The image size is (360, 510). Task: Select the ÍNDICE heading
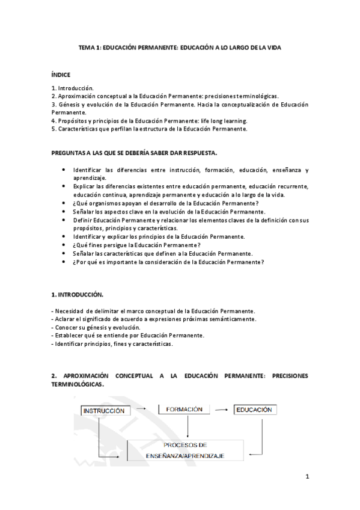(61, 75)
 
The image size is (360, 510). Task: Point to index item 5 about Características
(149, 128)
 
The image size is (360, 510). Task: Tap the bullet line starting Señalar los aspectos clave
(169, 211)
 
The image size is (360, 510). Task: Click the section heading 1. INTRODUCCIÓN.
(78, 295)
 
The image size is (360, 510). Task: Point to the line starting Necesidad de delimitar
(153, 310)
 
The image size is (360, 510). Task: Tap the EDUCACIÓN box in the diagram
(254, 410)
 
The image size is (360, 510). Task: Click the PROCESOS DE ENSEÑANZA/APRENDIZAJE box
(185, 450)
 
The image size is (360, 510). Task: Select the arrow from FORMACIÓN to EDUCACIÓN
(225, 410)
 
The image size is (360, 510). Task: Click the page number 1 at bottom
(307, 478)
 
